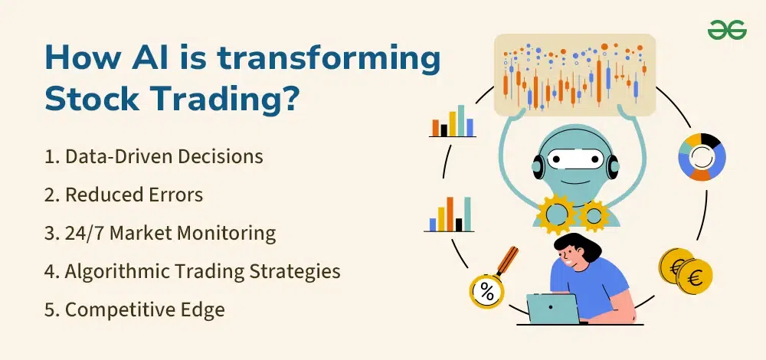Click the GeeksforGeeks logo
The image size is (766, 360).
coord(727,30)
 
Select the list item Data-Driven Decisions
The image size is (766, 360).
coord(154,156)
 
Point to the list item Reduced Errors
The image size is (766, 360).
coord(123,195)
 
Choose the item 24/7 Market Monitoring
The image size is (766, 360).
coord(160,234)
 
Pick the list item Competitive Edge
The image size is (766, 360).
coord(135,309)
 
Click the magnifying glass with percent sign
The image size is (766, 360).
coord(493,279)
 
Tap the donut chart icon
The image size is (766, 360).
coord(702,157)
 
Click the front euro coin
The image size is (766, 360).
coord(695,277)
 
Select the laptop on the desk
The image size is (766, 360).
coord(553,309)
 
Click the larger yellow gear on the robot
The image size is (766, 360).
coord(557,214)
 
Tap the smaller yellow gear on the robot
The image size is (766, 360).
coord(594,216)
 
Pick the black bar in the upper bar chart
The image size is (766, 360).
coord(444,130)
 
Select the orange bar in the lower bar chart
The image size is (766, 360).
coord(450,214)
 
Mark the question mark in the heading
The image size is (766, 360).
coord(288,98)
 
